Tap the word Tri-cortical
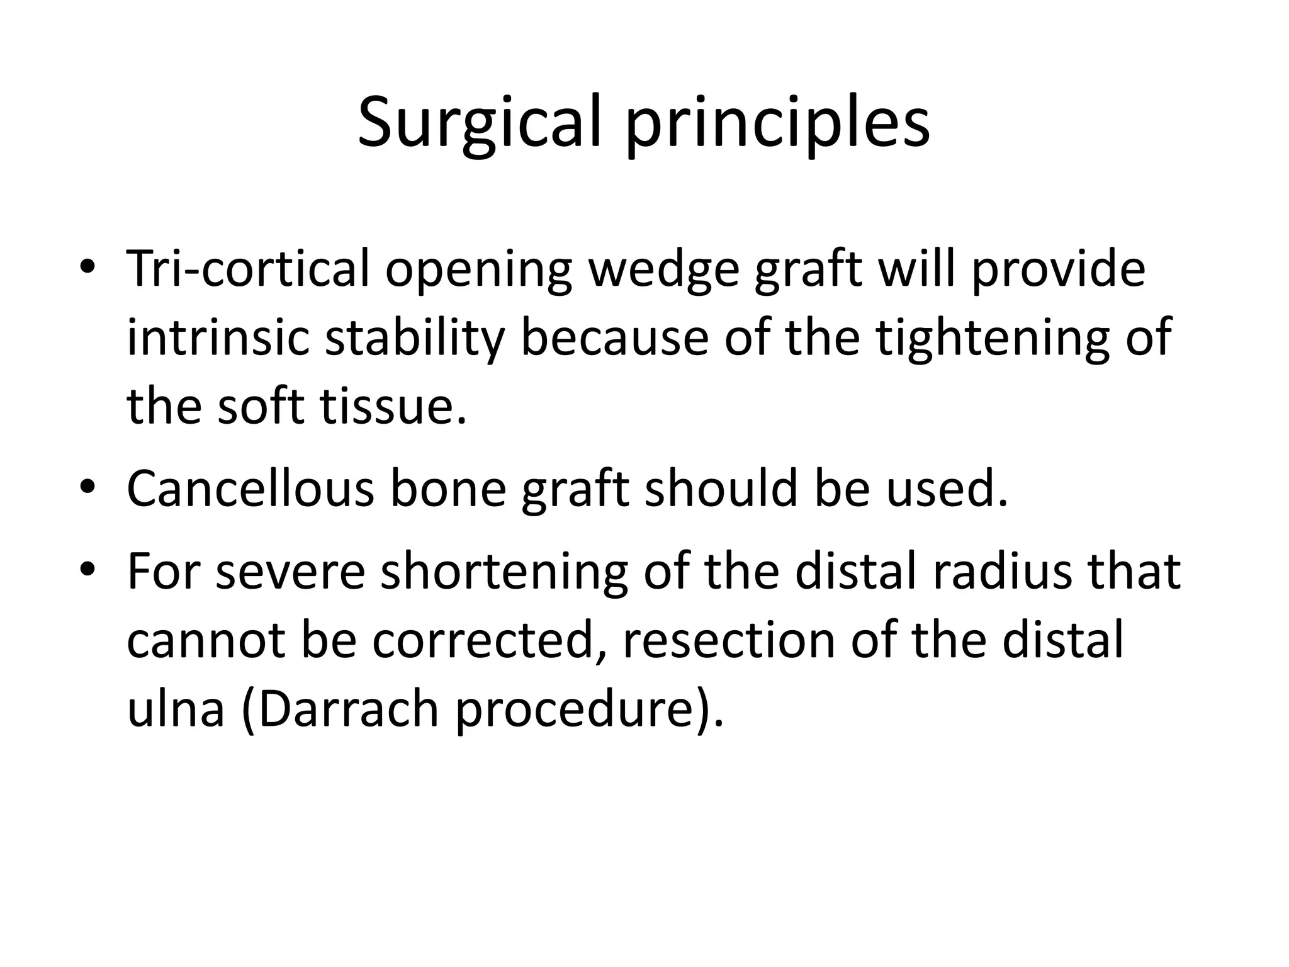coord(248,269)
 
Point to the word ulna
coord(176,708)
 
